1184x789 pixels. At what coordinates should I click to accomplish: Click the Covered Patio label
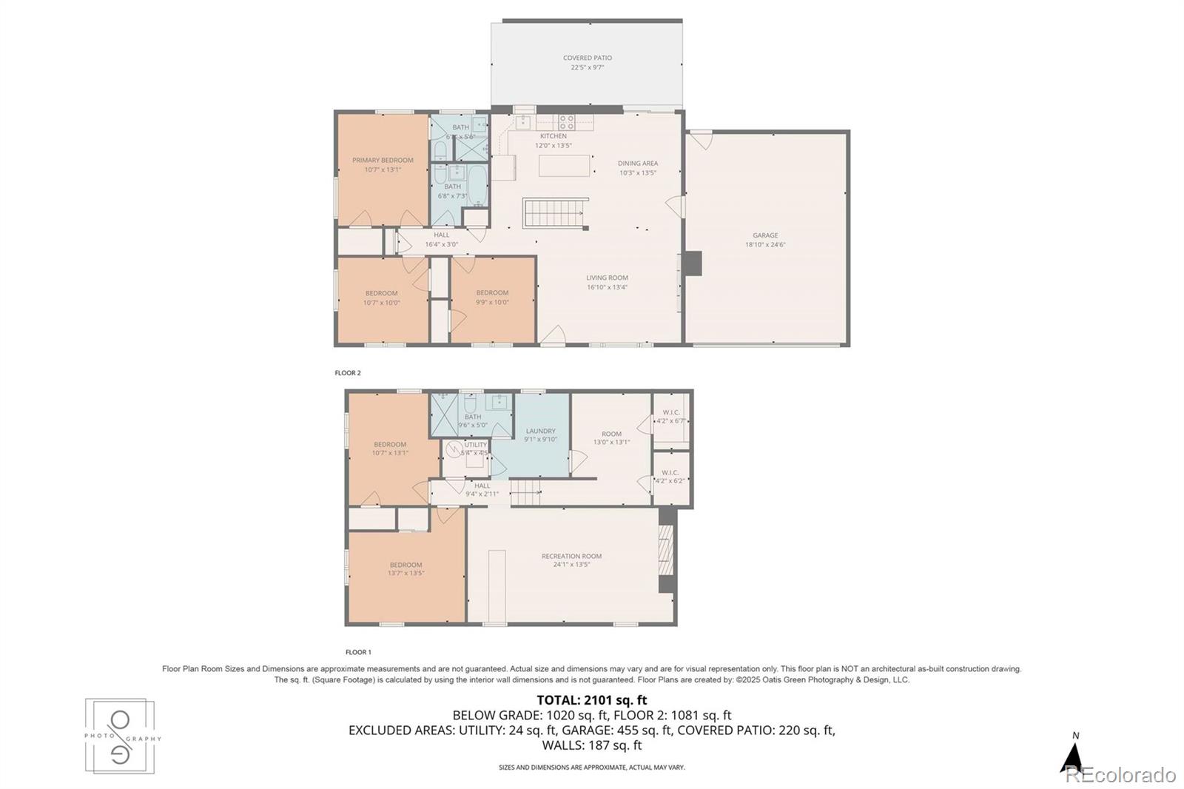click(587, 58)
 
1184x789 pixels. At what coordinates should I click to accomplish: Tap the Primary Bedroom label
click(383, 160)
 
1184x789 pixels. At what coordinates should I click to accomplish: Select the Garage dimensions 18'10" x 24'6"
click(765, 244)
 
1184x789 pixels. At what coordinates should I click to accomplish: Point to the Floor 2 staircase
click(555, 213)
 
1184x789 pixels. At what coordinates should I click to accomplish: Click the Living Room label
click(607, 278)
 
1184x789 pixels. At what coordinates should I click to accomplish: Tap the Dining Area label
click(638, 164)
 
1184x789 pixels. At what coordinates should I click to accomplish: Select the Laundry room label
click(540, 431)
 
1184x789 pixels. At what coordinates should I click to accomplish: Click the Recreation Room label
click(571, 556)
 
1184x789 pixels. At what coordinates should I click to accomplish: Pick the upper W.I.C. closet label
click(670, 412)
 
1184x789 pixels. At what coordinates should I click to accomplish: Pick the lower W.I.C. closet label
click(670, 472)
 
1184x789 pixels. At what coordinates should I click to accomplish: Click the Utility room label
click(475, 445)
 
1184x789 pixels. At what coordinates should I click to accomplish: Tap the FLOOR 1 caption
click(358, 652)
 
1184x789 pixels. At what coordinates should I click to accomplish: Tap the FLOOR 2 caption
click(348, 373)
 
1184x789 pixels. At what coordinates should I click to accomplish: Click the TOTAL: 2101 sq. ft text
click(591, 699)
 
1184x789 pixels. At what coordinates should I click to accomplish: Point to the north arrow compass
click(1073, 755)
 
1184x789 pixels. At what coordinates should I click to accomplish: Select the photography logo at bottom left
click(121, 736)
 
